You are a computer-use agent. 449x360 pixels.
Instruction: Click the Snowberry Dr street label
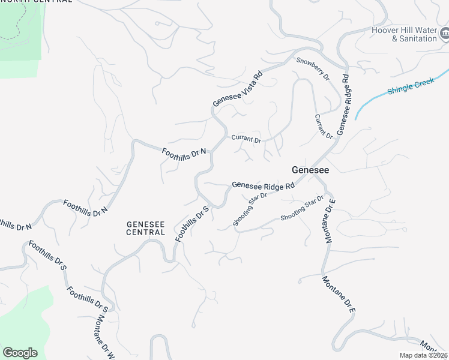point(313,70)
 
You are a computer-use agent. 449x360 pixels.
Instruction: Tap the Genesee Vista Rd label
point(238,90)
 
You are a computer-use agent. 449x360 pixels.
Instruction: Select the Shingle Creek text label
point(411,86)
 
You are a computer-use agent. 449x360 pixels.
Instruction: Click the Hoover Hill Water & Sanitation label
point(404,34)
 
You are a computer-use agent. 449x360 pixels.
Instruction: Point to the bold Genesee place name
point(310,170)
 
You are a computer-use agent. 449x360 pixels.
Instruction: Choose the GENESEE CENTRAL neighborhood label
point(145,228)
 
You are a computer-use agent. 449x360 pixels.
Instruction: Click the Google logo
point(20,353)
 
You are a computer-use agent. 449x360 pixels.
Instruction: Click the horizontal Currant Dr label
point(246,139)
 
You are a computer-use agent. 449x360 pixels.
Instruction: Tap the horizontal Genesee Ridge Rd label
point(263,186)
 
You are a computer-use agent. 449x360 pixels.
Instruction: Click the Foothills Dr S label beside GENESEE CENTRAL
point(191,224)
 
